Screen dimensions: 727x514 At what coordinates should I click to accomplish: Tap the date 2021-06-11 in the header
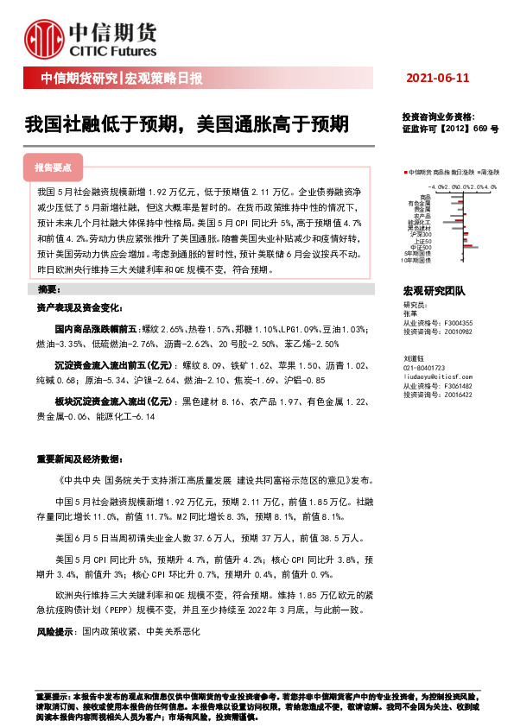point(437,79)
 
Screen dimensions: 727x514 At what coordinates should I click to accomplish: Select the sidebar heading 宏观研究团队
point(434,292)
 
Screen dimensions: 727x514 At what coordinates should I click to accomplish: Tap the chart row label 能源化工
point(422,223)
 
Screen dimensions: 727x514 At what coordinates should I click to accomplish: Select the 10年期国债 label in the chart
point(418,259)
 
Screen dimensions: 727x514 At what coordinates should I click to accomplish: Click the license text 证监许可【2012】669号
point(449,128)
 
